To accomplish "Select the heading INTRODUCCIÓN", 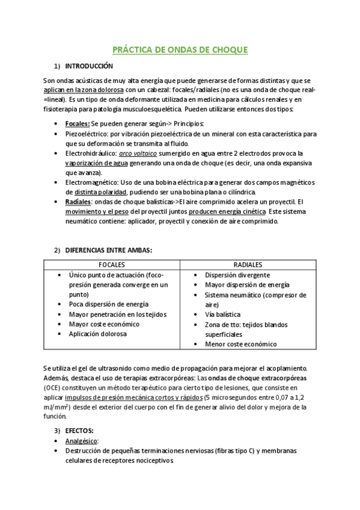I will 88,66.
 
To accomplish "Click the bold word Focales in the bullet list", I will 77,123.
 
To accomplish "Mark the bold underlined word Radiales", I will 78,201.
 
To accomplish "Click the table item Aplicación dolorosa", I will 97,334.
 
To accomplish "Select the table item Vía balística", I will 222,315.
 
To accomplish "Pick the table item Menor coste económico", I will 240,344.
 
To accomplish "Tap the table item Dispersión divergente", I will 236,275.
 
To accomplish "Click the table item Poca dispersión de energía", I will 108,304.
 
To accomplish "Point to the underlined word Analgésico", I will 81,441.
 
